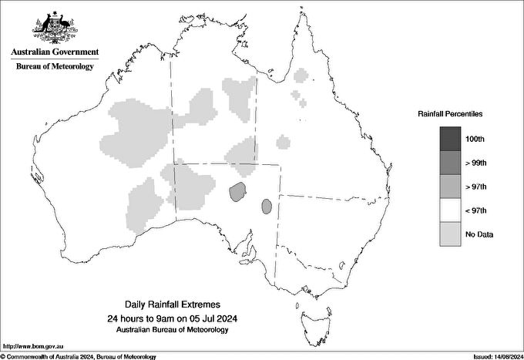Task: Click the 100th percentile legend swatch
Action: coord(451,139)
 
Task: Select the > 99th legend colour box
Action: coord(451,163)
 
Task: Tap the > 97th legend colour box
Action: coord(451,187)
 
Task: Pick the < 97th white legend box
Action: coord(451,210)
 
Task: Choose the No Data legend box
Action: coord(451,234)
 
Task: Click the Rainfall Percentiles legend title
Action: coord(450,113)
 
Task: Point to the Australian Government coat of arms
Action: coord(55,26)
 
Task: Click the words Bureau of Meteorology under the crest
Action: coord(55,67)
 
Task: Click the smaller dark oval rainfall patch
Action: coord(267,206)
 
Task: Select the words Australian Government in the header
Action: coord(55,52)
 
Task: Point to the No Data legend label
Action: coord(479,234)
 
